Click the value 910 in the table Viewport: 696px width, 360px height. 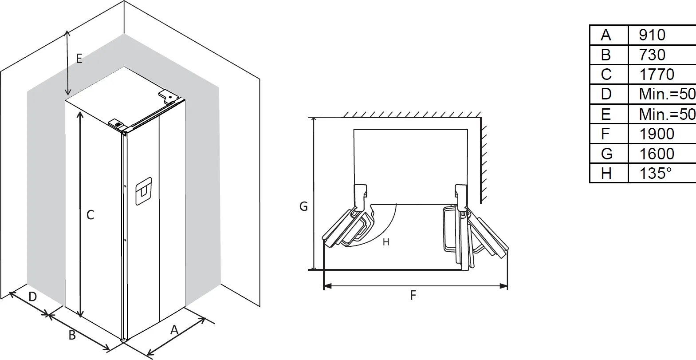coord(652,35)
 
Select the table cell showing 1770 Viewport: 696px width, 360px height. coord(656,75)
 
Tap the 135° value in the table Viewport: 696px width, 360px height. coord(655,173)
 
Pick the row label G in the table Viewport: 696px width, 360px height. coord(606,154)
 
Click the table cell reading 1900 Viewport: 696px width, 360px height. coord(656,134)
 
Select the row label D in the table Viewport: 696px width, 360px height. coord(606,94)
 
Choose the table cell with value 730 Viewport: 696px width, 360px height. coord(652,55)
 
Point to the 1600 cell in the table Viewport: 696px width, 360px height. coord(656,154)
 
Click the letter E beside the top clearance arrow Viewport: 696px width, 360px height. coord(79,59)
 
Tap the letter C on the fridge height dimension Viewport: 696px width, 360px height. coord(90,215)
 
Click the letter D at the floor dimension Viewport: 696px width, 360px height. coord(32,297)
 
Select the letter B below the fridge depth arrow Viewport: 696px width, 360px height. coord(72,335)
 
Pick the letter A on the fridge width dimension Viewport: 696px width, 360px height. coord(174,330)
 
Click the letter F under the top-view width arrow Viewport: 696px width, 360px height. coord(413,296)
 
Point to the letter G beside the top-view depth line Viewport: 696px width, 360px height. coord(303,206)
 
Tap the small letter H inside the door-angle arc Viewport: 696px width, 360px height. coord(386,242)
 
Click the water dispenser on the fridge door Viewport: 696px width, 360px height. coord(143,191)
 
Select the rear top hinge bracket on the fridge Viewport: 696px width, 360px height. coord(169,96)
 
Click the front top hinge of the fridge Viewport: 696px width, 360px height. coord(117,124)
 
